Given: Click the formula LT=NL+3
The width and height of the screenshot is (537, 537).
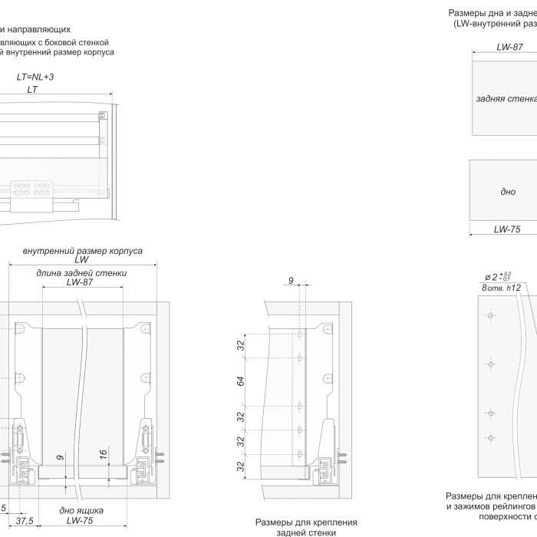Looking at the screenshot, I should [35, 77].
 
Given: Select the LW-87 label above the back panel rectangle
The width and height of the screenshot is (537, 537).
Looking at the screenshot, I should [509, 47].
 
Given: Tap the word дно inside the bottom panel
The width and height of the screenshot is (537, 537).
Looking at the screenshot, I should [508, 191].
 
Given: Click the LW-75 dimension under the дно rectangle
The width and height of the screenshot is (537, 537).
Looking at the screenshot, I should [507, 229].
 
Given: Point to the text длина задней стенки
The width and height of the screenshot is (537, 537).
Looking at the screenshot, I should [81, 272].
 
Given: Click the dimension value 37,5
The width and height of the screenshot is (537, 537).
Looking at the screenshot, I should [25, 521].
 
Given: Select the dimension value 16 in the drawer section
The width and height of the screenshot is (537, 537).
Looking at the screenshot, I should [103, 454].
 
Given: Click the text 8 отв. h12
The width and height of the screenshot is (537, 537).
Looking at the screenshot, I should [502, 288].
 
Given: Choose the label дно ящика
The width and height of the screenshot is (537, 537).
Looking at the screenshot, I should [81, 510].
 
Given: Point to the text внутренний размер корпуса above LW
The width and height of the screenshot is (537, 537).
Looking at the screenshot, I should [83, 251].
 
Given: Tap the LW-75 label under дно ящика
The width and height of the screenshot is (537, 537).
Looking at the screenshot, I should [80, 521].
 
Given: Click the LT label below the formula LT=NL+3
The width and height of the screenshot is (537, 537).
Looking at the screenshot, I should [32, 89].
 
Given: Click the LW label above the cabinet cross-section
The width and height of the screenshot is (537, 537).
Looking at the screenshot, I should [81, 260].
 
